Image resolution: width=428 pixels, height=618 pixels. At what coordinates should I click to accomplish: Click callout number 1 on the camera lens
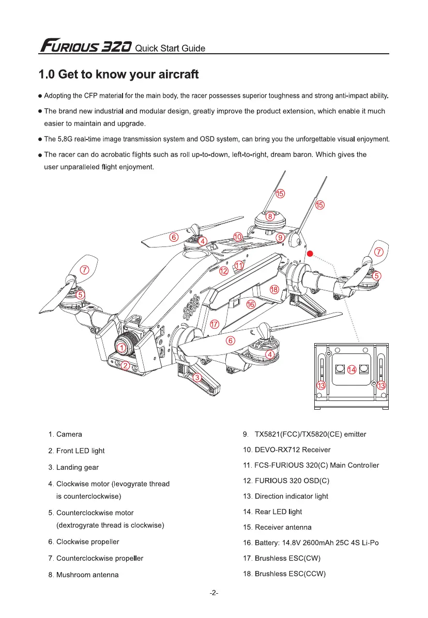click(120, 348)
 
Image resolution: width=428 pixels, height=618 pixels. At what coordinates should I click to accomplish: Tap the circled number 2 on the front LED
click(125, 366)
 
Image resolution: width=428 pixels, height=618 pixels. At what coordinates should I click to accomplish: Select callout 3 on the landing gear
click(197, 378)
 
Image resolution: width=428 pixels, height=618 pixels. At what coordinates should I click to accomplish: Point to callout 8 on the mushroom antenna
click(270, 217)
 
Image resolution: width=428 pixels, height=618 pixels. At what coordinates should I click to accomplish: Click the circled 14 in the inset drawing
click(351, 369)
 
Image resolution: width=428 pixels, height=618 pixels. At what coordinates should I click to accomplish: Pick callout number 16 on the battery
click(251, 305)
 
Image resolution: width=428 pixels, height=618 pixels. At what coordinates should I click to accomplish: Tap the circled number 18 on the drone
click(274, 290)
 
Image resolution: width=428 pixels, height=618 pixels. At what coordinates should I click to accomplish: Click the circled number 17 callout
click(215, 324)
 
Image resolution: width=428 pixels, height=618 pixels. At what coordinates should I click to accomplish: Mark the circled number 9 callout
click(280, 237)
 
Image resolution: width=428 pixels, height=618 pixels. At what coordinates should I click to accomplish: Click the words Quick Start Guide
click(170, 49)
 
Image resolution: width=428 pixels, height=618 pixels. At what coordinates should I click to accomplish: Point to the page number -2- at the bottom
click(214, 593)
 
